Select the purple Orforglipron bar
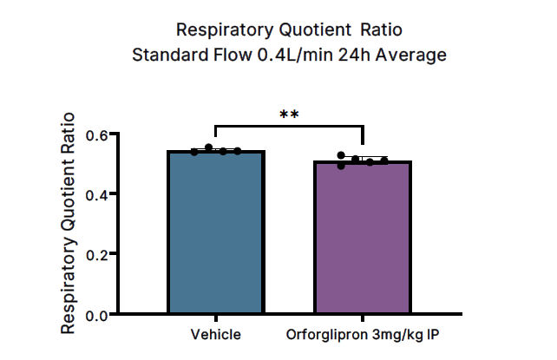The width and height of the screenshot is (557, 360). [363, 238]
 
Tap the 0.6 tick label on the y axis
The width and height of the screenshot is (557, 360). [96, 134]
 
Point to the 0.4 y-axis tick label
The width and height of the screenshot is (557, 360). [96, 194]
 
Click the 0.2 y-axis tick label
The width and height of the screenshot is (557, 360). [96, 254]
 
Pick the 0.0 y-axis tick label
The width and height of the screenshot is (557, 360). [96, 314]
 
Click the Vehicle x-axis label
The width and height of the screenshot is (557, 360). [215, 335]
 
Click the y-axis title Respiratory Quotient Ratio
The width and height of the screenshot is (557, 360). [68, 223]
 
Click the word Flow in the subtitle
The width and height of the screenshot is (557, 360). [224, 56]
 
